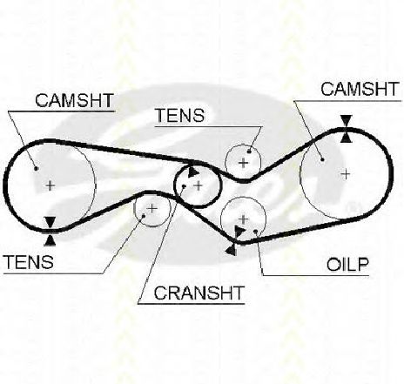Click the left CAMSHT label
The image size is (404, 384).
[74, 100]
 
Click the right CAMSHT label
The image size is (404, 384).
[360, 89]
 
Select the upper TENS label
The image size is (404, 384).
[180, 115]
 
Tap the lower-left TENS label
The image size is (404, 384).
[29, 262]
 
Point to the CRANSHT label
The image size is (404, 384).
[199, 293]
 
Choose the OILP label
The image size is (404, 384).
[347, 265]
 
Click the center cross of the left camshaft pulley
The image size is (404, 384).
[50, 185]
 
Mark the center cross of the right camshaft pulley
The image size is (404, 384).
[346, 174]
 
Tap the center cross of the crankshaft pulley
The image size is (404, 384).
[199, 185]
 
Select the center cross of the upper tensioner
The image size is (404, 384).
[244, 163]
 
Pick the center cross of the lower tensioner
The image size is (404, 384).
[152, 208]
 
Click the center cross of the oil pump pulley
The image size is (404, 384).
[244, 219]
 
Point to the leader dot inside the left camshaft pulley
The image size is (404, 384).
[36, 168]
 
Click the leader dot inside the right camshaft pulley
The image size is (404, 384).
[322, 159]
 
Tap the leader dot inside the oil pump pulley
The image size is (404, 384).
[256, 232]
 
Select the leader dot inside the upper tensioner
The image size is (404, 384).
[249, 152]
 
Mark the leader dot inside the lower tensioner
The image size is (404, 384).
[144, 215]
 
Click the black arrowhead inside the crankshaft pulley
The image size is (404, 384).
[192, 172]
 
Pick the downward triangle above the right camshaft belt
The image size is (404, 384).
[347, 121]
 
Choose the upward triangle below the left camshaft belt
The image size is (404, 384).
[50, 239]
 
